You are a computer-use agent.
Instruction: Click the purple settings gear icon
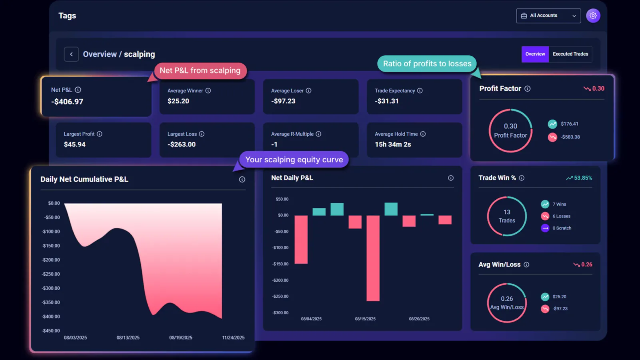[x=593, y=16]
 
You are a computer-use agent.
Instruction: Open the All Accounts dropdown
[x=548, y=16]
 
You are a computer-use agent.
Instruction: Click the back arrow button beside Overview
[x=71, y=54]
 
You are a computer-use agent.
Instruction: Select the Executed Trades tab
[x=570, y=54]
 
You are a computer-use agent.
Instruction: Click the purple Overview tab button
[x=535, y=54]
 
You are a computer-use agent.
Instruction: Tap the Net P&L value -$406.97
[x=67, y=102]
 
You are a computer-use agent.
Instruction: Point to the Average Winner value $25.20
[x=178, y=101]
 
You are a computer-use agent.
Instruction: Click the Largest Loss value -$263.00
[x=182, y=144]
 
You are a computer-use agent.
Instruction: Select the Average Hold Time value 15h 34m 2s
[x=393, y=144]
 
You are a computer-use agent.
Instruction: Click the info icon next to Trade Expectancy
[x=420, y=91]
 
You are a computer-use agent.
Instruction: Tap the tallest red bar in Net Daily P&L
[x=373, y=258]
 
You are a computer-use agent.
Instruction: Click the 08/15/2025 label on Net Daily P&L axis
[x=365, y=319]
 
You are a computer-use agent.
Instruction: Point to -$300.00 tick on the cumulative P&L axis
[x=51, y=288]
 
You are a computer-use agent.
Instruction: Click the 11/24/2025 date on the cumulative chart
[x=233, y=338]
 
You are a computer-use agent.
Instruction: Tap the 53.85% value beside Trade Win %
[x=583, y=178]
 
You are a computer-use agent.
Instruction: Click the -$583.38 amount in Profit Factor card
[x=570, y=137]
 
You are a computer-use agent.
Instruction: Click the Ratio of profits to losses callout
[x=427, y=64]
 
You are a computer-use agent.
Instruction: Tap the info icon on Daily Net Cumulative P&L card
[x=242, y=180]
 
